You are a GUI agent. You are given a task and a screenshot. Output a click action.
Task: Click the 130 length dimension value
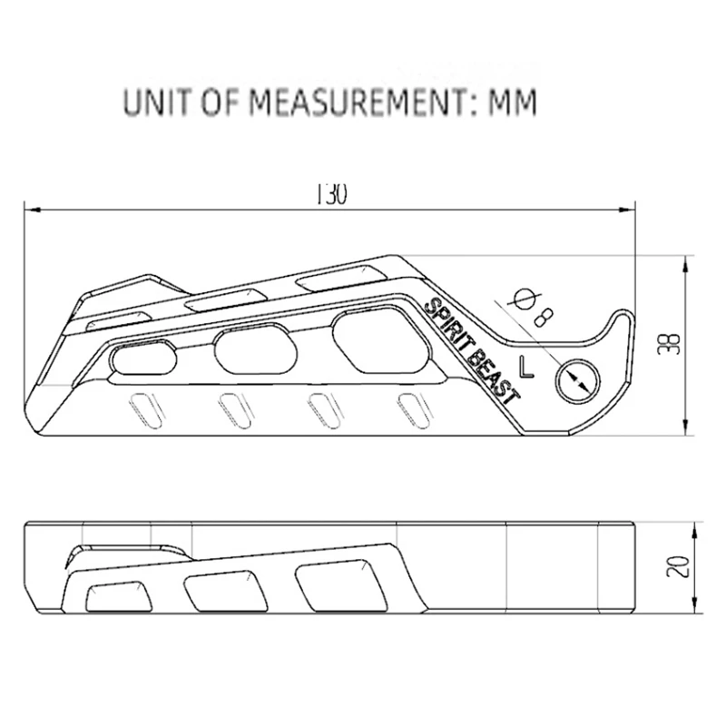coord(331,195)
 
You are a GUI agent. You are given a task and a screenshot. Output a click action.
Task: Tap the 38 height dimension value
coord(670,345)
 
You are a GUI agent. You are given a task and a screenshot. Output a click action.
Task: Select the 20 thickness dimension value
coord(677,565)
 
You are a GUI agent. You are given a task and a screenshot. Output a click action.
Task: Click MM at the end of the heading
coord(512,103)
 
